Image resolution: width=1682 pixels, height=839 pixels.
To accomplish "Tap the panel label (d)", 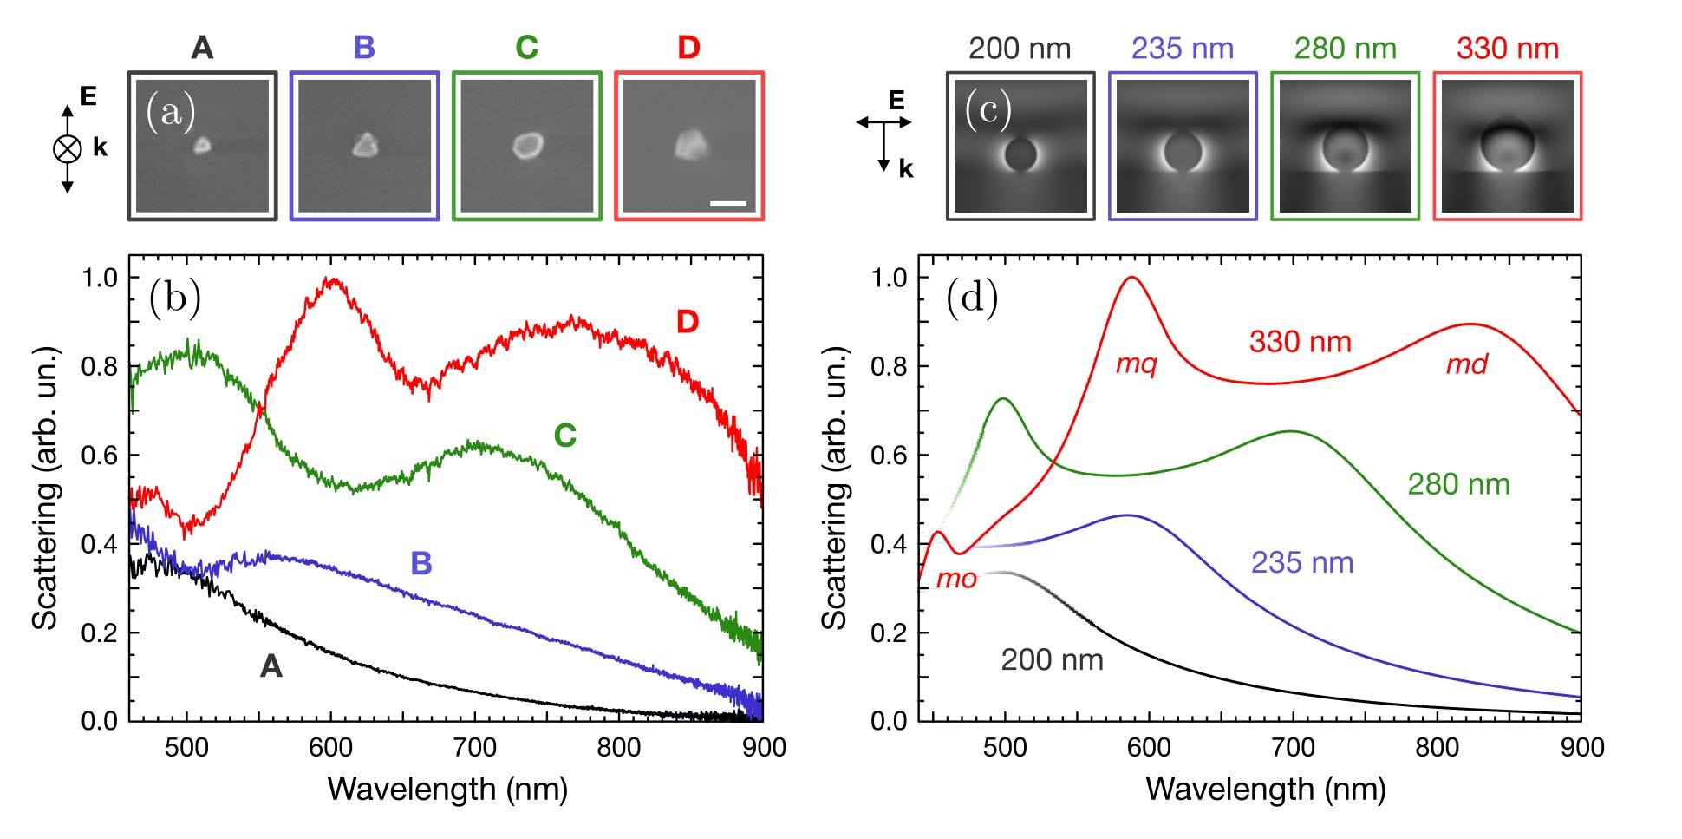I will [x=971, y=298].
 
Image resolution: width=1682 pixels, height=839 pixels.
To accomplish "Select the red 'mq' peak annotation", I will [x=1136, y=365].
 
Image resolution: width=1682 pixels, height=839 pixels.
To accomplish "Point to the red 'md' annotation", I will [x=1466, y=365].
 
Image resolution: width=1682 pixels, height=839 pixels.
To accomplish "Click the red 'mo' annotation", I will [x=956, y=579].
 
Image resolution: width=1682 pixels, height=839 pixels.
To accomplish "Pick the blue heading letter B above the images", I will [x=364, y=48].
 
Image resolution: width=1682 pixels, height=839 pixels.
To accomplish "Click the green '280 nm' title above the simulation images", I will [x=1345, y=49].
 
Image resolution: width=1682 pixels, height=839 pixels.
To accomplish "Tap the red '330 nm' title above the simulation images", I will [x=1507, y=49].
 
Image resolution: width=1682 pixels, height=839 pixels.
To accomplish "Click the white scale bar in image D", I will [x=727, y=205].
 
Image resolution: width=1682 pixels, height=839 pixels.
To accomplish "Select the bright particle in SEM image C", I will [x=526, y=144].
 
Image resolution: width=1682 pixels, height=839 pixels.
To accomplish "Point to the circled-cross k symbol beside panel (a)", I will [x=67, y=148].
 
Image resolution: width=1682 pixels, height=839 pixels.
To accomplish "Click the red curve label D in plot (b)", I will [x=687, y=322].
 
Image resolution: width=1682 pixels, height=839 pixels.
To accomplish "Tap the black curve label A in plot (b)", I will [x=271, y=666].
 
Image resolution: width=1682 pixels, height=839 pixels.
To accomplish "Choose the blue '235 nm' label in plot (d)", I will [x=1301, y=563].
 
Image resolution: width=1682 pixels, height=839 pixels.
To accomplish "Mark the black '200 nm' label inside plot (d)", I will [x=1052, y=660].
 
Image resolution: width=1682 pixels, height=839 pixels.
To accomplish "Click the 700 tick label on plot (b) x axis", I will [x=474, y=747].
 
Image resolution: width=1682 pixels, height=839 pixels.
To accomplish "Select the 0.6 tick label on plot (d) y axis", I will [x=890, y=456].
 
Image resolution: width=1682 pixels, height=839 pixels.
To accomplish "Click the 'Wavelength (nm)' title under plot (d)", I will [x=1265, y=789].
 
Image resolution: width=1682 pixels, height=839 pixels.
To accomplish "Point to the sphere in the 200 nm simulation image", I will [x=1020, y=154].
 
